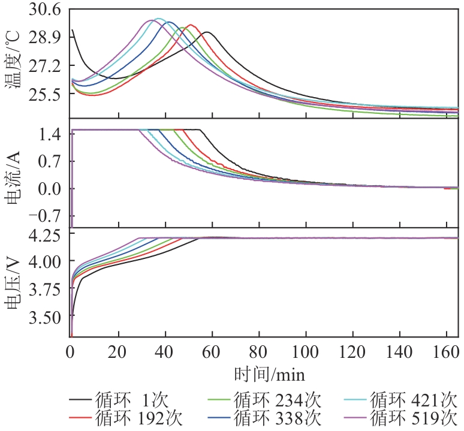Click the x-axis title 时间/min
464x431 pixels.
click(269, 376)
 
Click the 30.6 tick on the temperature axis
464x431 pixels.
click(45, 10)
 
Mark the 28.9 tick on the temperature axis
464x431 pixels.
click(45, 37)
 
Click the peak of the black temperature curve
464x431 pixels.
click(207, 32)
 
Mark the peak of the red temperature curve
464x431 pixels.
click(191, 25)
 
